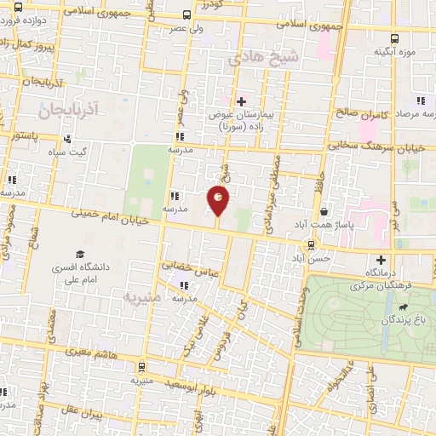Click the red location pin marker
tap(218, 201)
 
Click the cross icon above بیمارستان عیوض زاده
tap(241, 101)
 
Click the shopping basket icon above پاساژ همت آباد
tap(324, 211)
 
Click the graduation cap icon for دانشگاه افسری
tap(80, 254)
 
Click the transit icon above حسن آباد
tap(311, 245)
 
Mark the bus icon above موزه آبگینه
tap(394, 38)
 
